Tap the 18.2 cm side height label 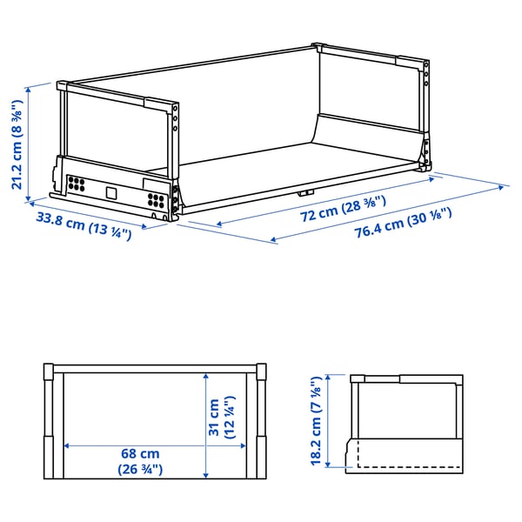click(x=318, y=421)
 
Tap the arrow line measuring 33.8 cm click(x=96, y=219)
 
